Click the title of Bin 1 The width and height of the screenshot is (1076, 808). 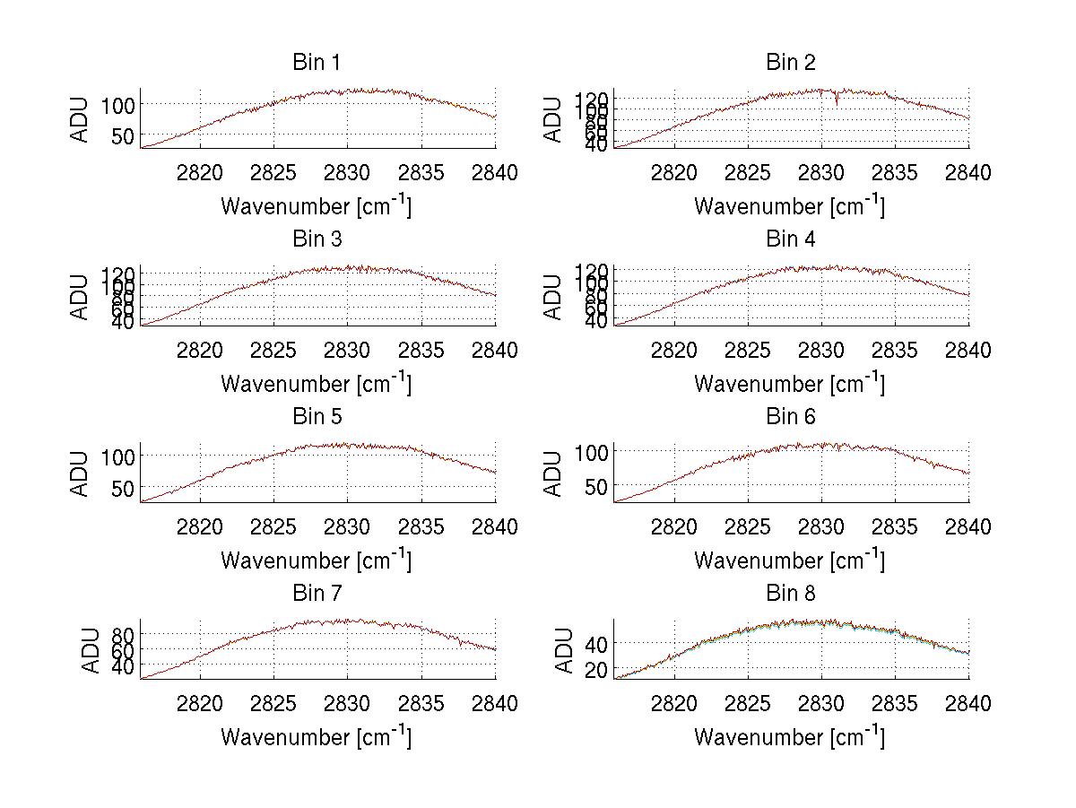pyautogui.click(x=317, y=63)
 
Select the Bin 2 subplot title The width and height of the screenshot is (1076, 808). pyautogui.click(x=790, y=63)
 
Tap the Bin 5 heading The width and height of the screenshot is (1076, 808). pyautogui.click(x=317, y=417)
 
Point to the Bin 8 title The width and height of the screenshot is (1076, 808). pyautogui.click(x=790, y=594)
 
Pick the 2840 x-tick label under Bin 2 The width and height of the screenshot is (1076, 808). pyautogui.click(x=968, y=172)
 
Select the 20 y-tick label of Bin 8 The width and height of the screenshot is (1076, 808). pyautogui.click(x=597, y=670)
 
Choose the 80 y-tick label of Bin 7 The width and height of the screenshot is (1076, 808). pyautogui.click(x=124, y=633)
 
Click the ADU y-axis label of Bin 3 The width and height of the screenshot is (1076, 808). pyautogui.click(x=82, y=297)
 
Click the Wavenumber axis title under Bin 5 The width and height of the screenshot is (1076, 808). pyautogui.click(x=317, y=560)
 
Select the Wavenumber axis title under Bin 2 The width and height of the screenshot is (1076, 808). pyautogui.click(x=790, y=206)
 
